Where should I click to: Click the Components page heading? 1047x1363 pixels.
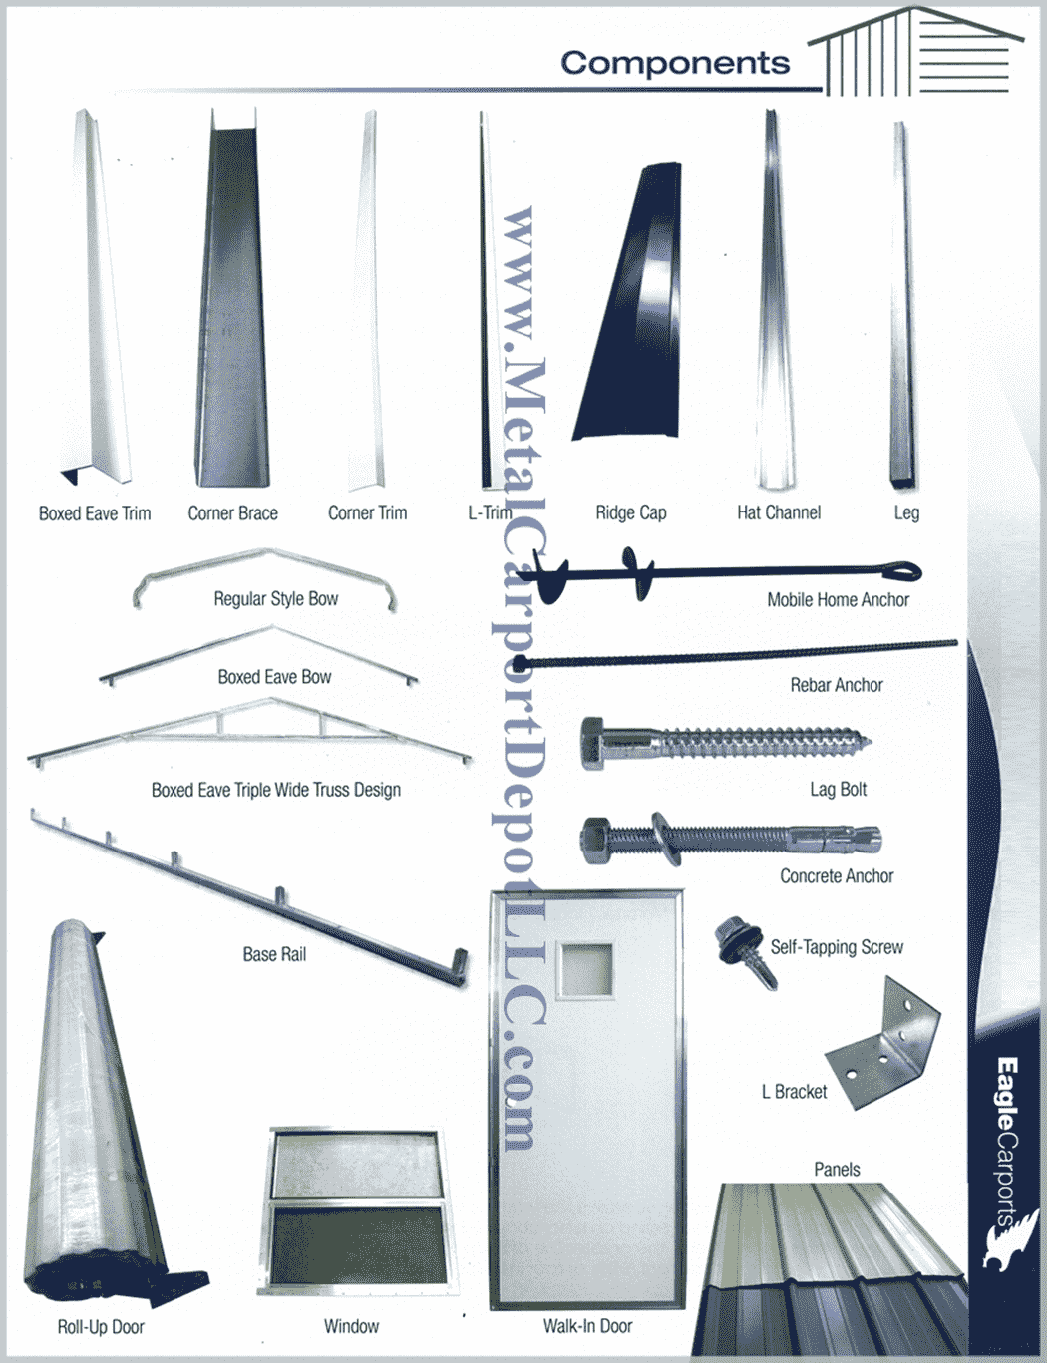tap(675, 63)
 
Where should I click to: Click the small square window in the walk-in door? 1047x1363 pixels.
tap(584, 969)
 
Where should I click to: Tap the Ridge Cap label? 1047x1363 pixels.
tap(630, 513)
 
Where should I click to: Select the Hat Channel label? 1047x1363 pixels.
tap(778, 512)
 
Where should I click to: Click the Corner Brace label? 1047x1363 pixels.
tap(232, 513)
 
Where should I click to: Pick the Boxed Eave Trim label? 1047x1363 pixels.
tap(95, 513)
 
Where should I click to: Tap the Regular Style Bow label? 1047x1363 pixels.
tap(275, 599)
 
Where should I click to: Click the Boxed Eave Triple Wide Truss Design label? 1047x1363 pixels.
tap(275, 790)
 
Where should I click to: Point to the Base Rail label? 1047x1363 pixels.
tap(274, 954)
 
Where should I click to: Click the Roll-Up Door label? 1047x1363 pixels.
tap(101, 1327)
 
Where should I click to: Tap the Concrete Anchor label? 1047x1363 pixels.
tap(836, 876)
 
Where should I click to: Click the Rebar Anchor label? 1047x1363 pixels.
tap(836, 685)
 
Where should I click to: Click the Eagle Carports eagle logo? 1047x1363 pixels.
tap(1008, 1241)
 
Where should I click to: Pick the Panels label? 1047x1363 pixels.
tap(836, 1169)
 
